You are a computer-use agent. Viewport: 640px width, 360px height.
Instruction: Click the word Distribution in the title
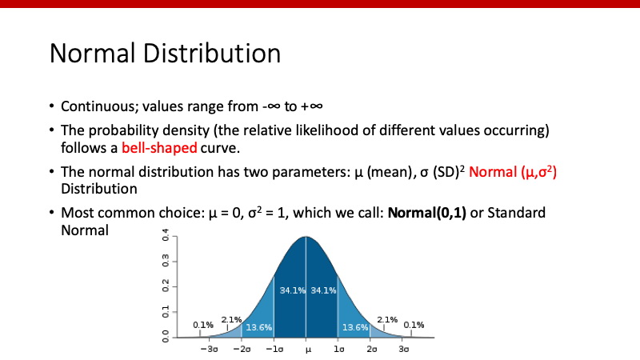(212, 54)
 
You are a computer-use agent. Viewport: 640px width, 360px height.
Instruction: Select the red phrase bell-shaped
(159, 148)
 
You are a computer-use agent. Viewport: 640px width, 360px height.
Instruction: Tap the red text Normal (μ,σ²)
(513, 172)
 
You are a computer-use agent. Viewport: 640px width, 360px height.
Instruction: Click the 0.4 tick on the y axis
(166, 235)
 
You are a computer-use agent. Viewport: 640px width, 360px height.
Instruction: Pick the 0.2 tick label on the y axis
(166, 286)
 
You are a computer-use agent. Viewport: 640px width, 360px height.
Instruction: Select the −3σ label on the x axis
(210, 349)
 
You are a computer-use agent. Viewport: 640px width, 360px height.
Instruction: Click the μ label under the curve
(308, 350)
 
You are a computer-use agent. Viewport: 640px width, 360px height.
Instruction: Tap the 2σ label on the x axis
(372, 349)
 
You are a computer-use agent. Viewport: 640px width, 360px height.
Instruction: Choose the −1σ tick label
(274, 349)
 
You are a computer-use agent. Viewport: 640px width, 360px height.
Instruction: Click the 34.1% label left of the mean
(292, 290)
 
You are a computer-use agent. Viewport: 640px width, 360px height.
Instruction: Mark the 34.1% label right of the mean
(323, 290)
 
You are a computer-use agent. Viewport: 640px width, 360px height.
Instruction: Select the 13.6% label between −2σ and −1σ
(258, 327)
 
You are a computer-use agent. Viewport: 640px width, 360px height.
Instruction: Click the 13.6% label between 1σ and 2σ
(355, 327)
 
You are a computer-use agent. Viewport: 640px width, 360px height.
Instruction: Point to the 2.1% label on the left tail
(231, 319)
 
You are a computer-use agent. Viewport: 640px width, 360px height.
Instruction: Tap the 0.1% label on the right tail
(414, 325)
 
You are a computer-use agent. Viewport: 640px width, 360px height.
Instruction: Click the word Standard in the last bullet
(516, 213)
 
